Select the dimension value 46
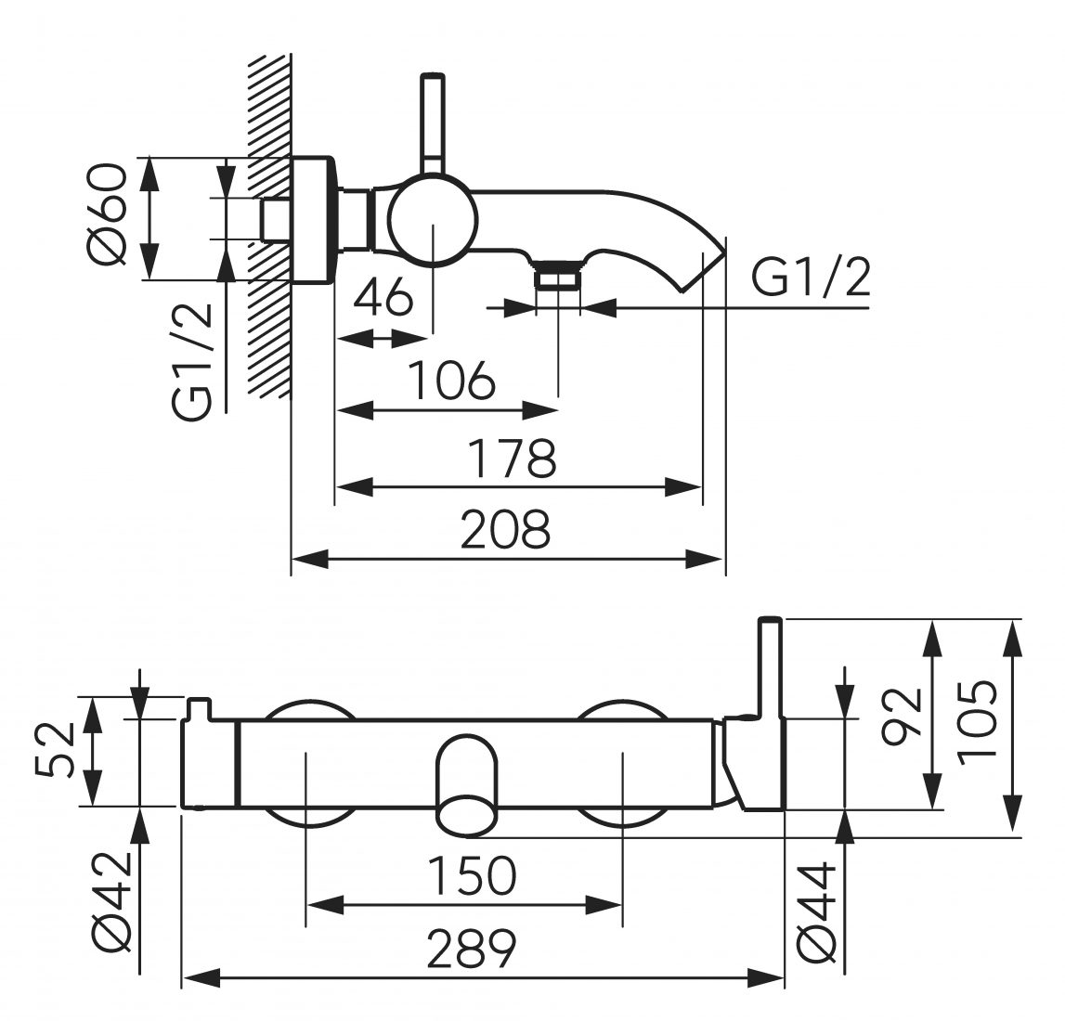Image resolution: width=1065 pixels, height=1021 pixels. point(384,297)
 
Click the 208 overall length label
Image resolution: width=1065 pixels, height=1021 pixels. point(507,530)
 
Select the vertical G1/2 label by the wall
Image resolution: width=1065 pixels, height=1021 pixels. point(194,363)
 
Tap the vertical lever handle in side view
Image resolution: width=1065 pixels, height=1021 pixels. point(433,121)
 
